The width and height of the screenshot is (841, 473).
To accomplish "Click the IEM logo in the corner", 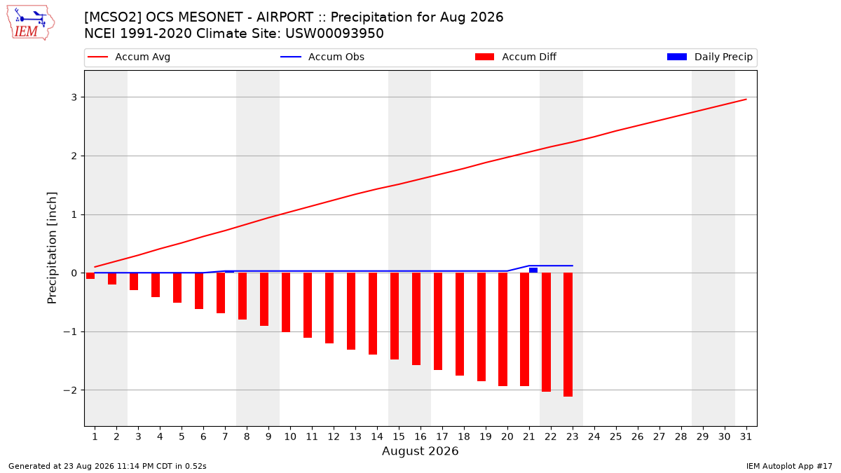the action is (x=31, y=23).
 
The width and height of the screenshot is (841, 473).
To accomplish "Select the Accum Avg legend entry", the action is (x=129, y=57).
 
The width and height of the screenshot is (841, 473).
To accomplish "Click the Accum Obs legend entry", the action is (x=322, y=57).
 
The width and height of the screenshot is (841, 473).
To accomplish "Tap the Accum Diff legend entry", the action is (x=516, y=57).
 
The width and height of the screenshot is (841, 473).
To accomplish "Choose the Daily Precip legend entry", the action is (x=709, y=57).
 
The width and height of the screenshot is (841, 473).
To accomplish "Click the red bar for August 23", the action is (x=568, y=334).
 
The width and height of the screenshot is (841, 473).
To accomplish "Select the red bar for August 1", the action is (x=90, y=276).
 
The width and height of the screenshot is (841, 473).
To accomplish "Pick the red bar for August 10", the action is (x=286, y=302).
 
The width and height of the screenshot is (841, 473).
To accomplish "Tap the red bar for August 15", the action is (x=394, y=316).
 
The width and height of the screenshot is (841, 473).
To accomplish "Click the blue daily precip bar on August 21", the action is (x=533, y=270).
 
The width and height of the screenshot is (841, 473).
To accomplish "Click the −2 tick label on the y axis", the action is (x=70, y=390).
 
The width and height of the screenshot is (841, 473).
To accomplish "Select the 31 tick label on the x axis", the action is (x=746, y=437).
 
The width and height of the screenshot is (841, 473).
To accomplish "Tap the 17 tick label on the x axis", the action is (x=442, y=437).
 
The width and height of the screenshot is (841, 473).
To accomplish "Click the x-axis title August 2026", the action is (x=420, y=451).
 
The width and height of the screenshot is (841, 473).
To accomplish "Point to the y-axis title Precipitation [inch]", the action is (x=52, y=248).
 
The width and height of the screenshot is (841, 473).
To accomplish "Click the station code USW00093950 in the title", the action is (x=334, y=34).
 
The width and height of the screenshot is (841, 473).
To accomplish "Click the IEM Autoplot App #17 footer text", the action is (x=789, y=466).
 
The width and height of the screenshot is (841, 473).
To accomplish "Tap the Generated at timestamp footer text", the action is (x=107, y=466).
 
